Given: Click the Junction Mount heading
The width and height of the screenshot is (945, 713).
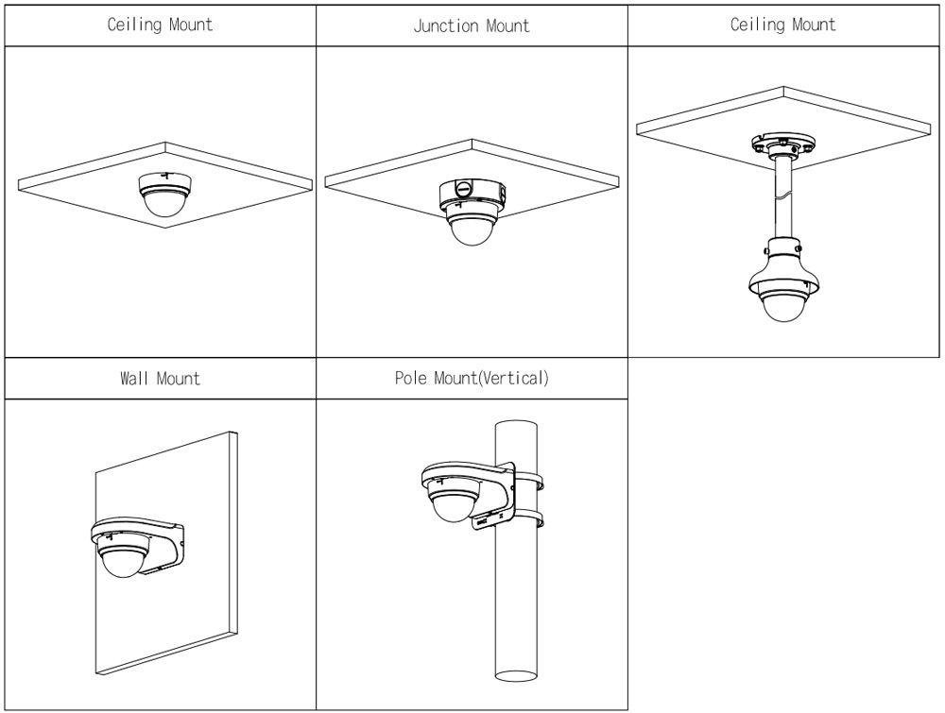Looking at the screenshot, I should pos(472,25).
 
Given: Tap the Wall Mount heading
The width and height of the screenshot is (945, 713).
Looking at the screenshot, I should pos(160,379).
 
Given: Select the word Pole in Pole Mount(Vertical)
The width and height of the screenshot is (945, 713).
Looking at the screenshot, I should pos(412,379).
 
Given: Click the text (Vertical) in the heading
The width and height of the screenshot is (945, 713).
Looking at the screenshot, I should pos(514,379).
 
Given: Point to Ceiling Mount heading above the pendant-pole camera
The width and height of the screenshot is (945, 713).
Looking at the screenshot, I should pos(782,25).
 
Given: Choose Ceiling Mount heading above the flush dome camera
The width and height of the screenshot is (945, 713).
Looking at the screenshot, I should pos(160,25).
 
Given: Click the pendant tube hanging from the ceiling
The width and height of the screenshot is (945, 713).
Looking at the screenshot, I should pos(783,198).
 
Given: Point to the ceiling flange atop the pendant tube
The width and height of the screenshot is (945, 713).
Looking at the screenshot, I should pos(783,144).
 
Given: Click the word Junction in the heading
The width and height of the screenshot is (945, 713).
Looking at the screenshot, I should pos(445,25).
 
